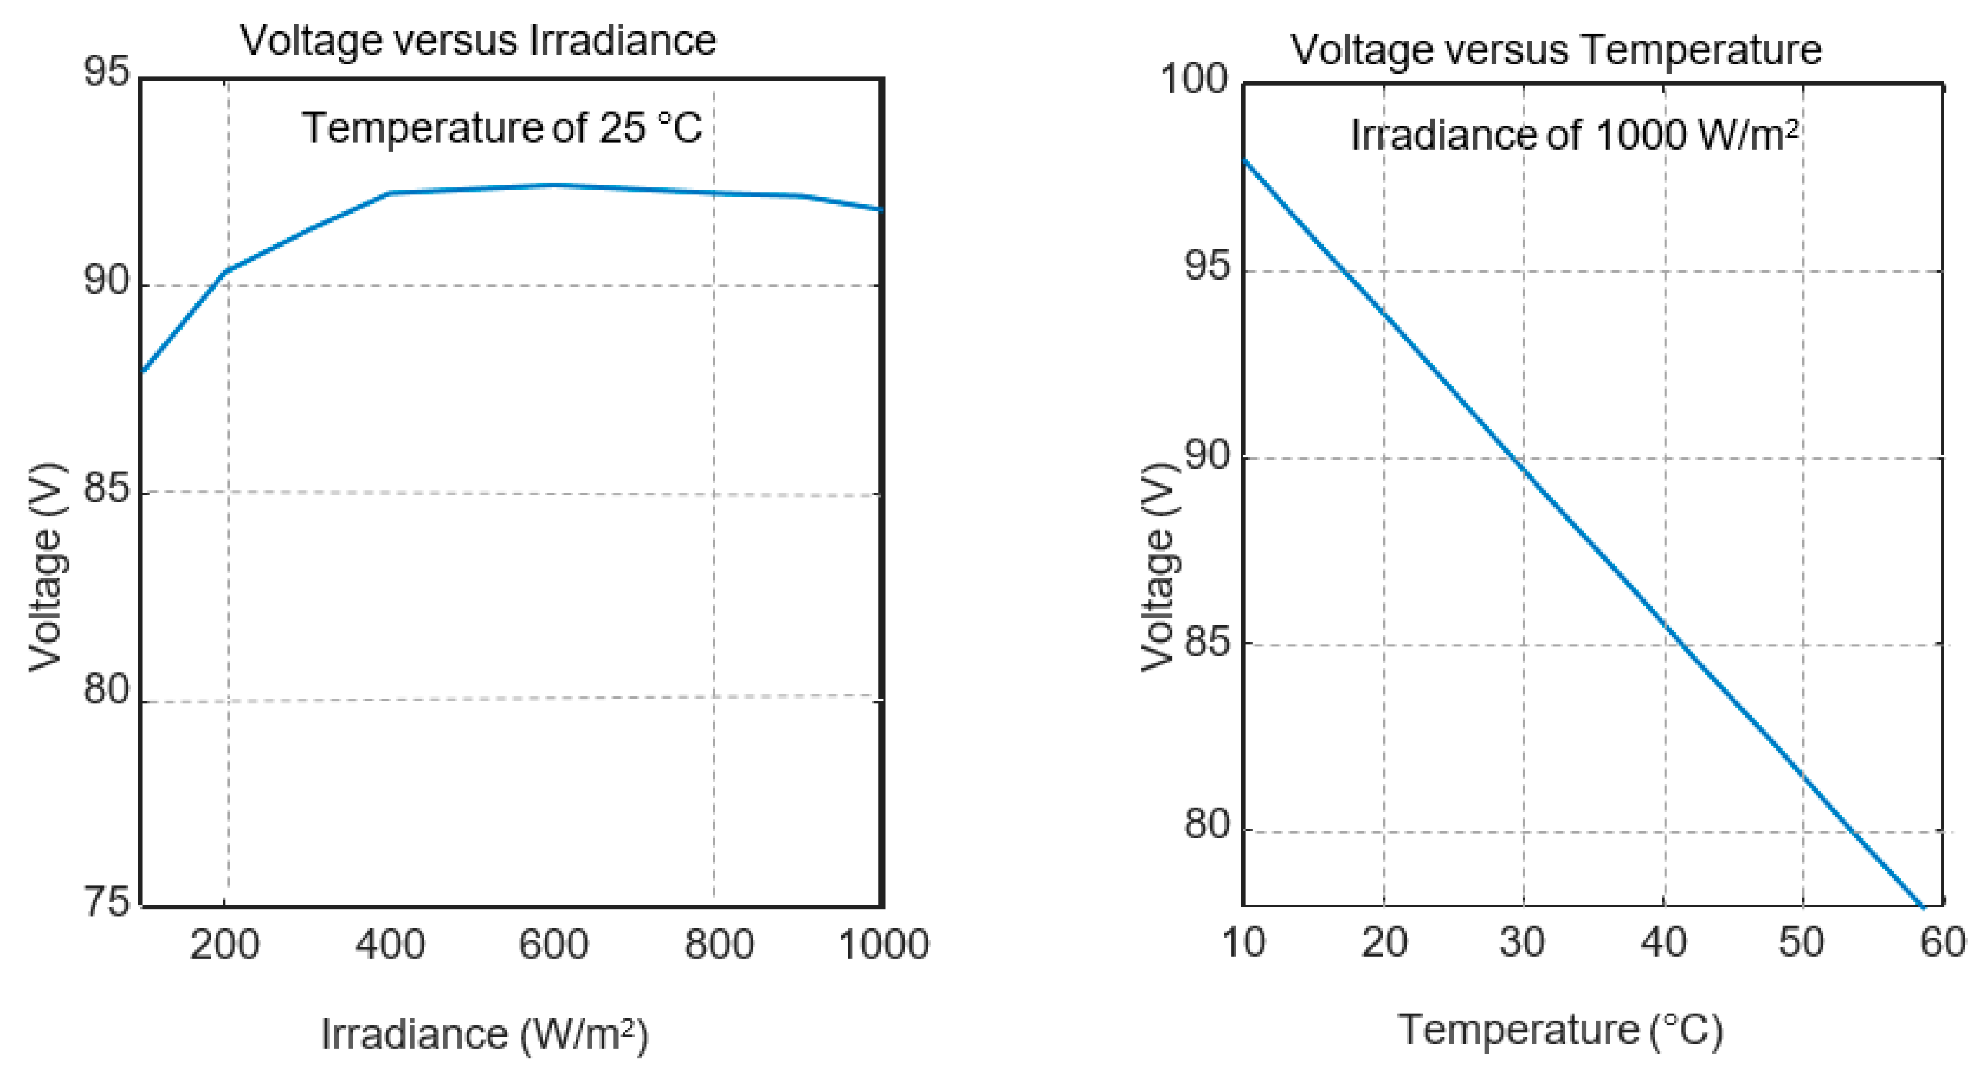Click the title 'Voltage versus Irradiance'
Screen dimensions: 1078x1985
pyautogui.click(x=478, y=40)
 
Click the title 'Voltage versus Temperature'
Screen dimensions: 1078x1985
pyautogui.click(x=1555, y=50)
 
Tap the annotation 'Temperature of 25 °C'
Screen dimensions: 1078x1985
pyautogui.click(x=502, y=128)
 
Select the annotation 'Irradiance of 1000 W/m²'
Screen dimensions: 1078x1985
pyautogui.click(x=1574, y=136)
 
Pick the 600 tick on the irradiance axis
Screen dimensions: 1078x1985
pyautogui.click(x=554, y=944)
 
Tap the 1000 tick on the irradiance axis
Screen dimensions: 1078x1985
pyautogui.click(x=883, y=944)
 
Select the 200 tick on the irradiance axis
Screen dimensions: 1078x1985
pyautogui.click(x=224, y=944)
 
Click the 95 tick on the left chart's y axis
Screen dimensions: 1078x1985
pyautogui.click(x=106, y=73)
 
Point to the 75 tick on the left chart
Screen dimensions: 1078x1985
pyautogui.click(x=106, y=901)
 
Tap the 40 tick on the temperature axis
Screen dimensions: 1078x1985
pyautogui.click(x=1663, y=942)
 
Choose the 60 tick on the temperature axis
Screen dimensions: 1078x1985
pyautogui.click(x=1943, y=942)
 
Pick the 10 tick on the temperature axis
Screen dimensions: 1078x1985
pyautogui.click(x=1243, y=942)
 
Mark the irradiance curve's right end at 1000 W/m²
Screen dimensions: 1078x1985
pyautogui.click(x=881, y=209)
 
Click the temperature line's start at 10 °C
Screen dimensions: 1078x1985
pyautogui.click(x=1245, y=160)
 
